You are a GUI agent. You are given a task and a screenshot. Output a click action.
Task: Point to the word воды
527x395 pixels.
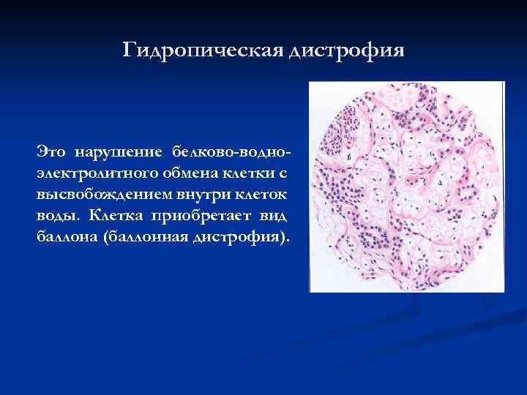coord(55,218)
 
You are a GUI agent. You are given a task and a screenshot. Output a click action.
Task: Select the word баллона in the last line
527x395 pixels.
coord(68,239)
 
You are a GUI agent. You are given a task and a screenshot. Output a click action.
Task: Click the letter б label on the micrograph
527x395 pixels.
coord(349,157)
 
